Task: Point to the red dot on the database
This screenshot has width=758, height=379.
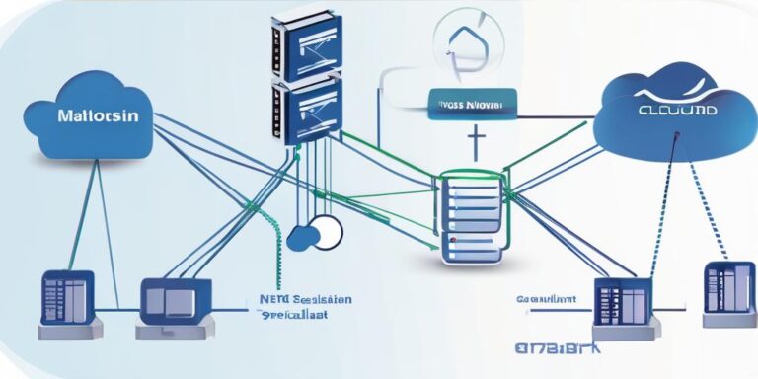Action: pyautogui.click(x=450, y=240)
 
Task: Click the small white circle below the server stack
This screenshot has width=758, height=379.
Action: pyautogui.click(x=325, y=231)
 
